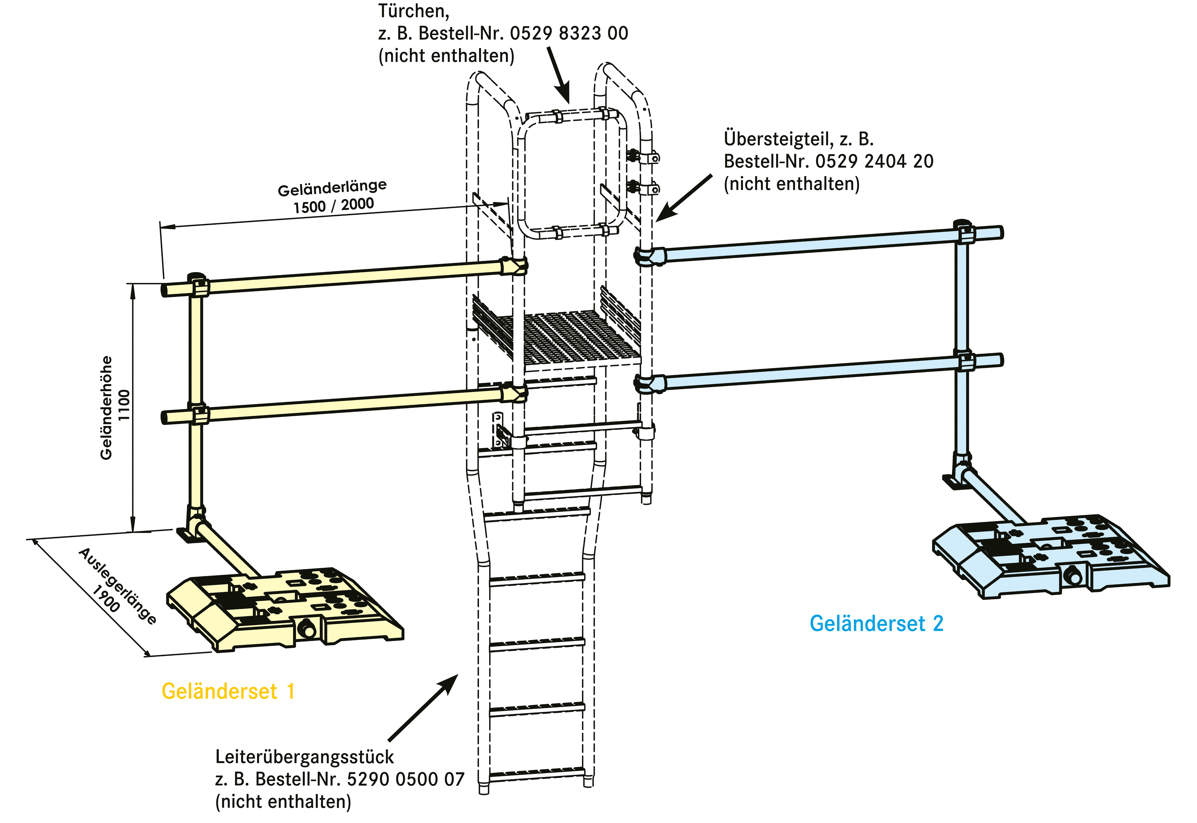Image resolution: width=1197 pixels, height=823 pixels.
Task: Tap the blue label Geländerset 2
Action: click(x=876, y=624)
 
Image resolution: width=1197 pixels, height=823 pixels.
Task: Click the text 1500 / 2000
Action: click(x=333, y=205)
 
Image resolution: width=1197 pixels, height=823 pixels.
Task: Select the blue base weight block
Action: click(x=1051, y=557)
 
